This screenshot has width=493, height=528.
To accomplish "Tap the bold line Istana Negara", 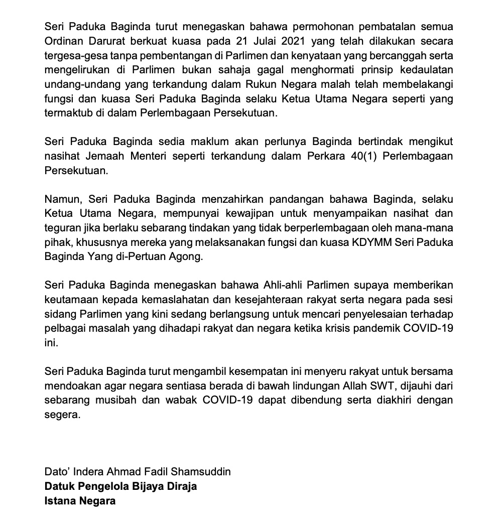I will click(x=80, y=501).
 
